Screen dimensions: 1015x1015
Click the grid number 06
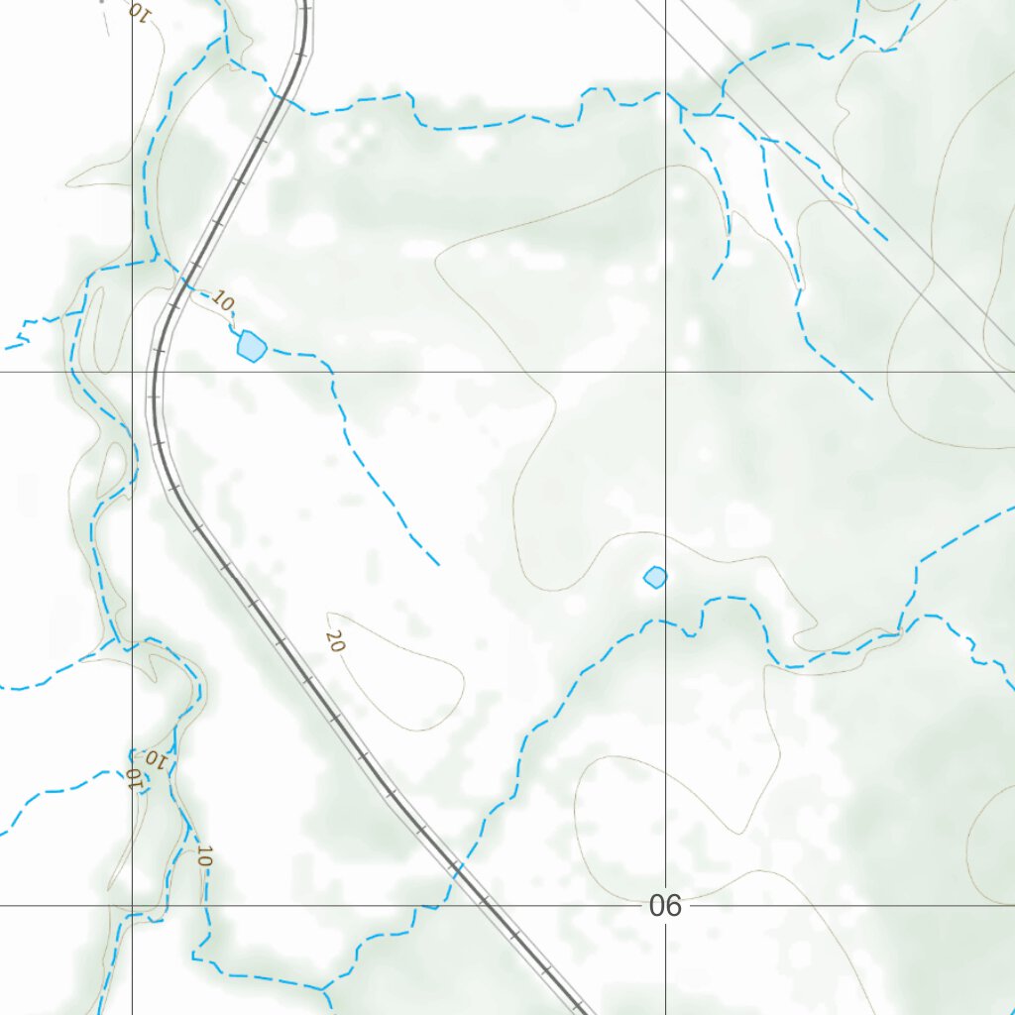coord(666,905)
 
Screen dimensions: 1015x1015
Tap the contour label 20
coord(335,641)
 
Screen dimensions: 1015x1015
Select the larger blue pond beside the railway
coord(252,346)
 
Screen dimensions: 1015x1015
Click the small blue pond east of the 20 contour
coord(655,577)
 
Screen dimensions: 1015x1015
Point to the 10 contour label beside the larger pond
coord(223,300)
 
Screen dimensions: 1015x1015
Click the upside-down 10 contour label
coord(156,760)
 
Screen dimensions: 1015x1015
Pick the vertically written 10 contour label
coord(204,855)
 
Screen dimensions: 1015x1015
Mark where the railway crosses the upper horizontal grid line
coord(154,372)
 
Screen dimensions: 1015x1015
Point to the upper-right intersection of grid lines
coord(665,372)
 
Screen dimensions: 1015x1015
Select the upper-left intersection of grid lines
coord(132,372)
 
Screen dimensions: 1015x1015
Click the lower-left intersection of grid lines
coord(132,905)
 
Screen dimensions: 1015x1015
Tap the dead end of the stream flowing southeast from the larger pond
coord(438,565)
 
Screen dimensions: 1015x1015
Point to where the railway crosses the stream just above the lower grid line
coord(455,868)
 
